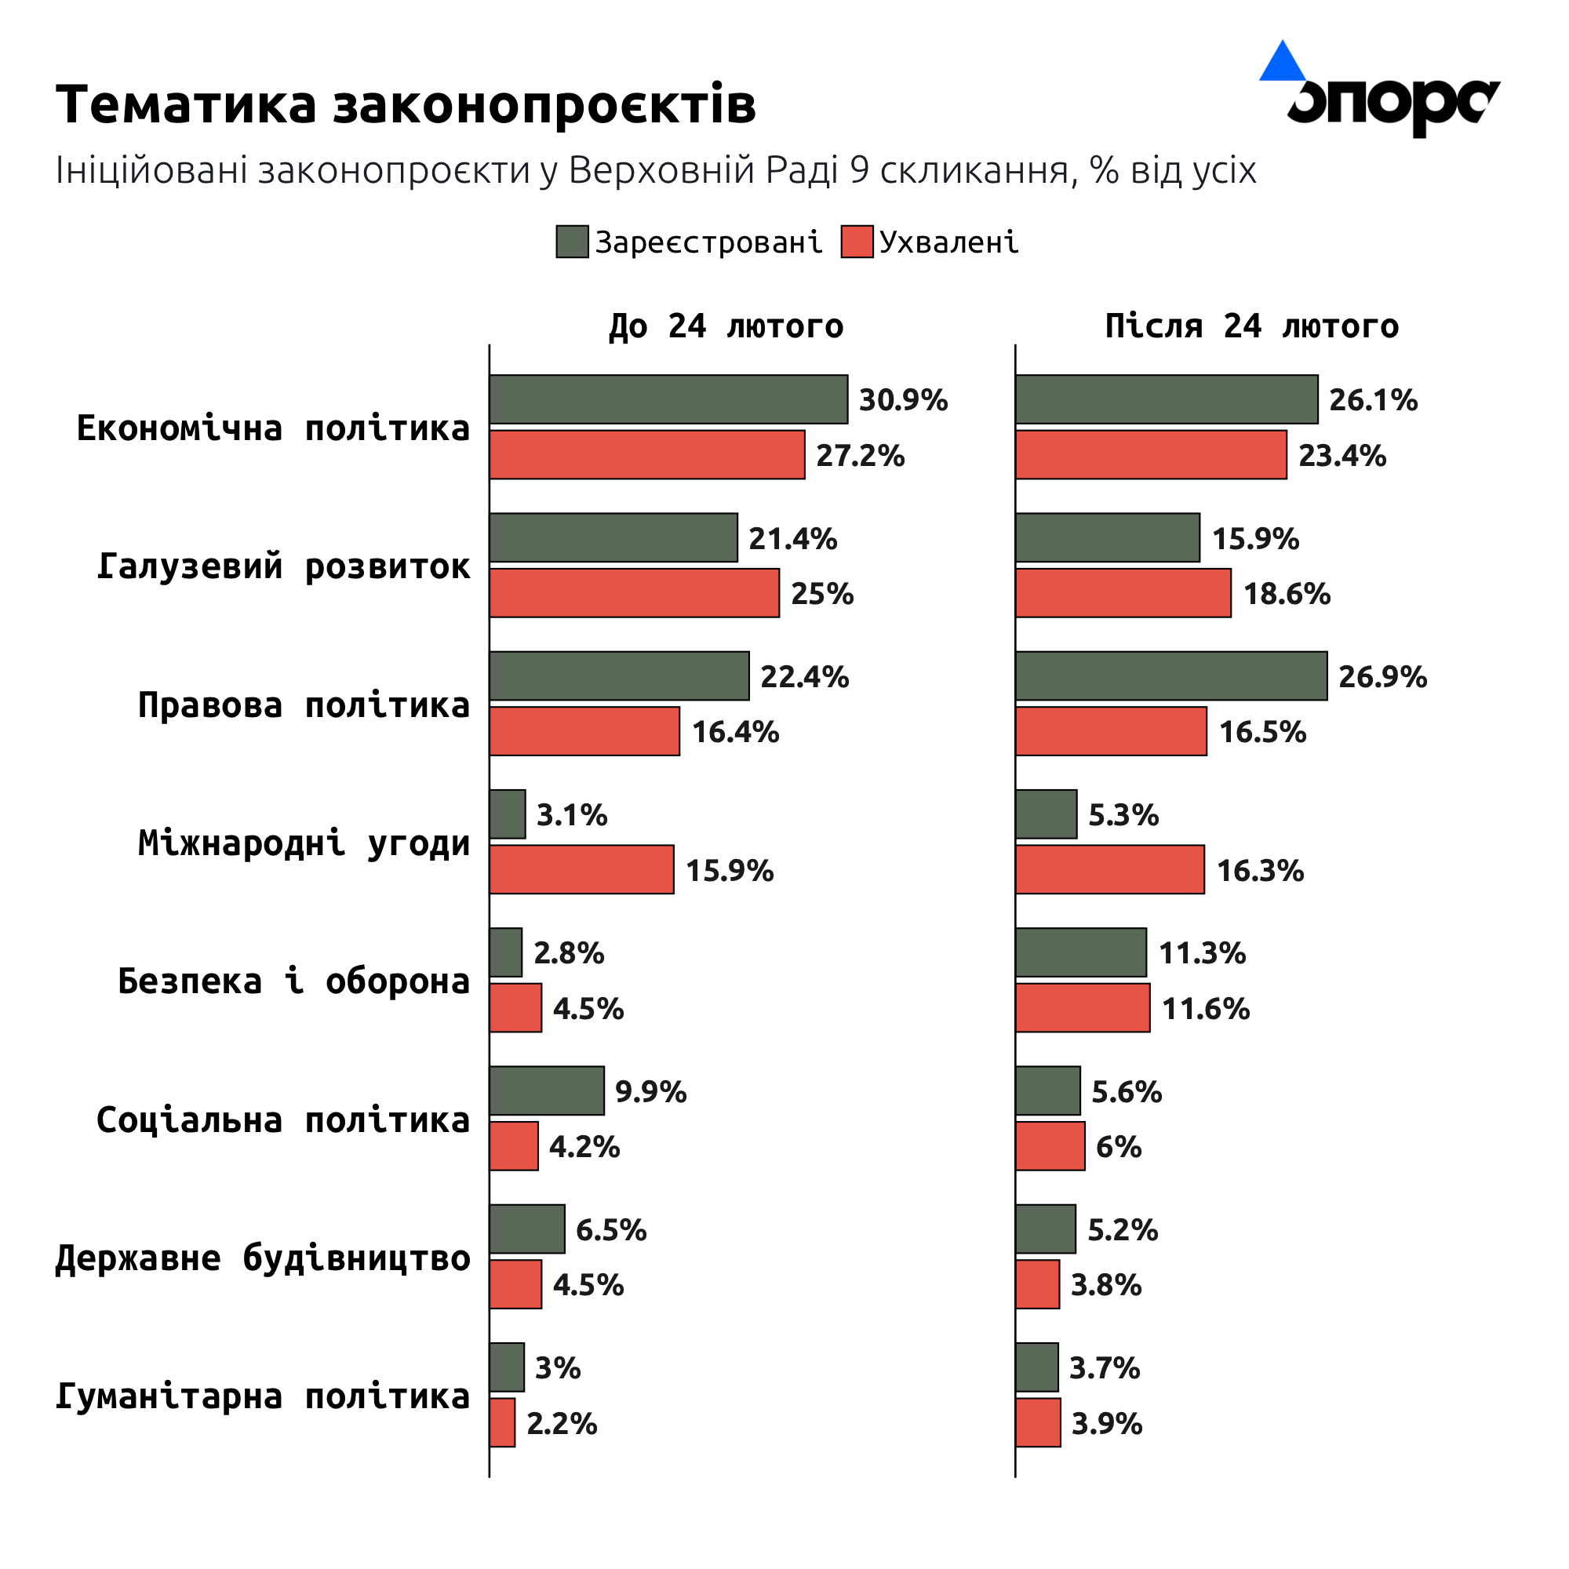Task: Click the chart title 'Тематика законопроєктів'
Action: point(406,105)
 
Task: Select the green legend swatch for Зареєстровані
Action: point(572,242)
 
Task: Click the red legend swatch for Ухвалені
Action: point(857,242)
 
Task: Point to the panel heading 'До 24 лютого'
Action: point(726,326)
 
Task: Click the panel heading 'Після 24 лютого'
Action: point(1251,326)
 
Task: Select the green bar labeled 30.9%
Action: point(668,399)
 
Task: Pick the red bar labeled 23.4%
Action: point(1151,455)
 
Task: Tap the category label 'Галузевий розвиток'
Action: point(282,566)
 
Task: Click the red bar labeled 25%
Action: point(634,593)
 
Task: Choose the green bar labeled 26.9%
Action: point(1171,675)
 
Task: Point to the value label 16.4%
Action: point(735,732)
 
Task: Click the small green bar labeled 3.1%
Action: point(508,814)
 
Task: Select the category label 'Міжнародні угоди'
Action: point(304,843)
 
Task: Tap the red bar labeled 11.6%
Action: point(1083,1008)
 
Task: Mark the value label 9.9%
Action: point(650,1091)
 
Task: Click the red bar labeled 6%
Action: point(1050,1146)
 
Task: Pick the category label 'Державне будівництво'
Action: point(262,1258)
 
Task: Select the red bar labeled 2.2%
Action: point(502,1422)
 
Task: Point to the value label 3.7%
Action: point(1105,1367)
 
